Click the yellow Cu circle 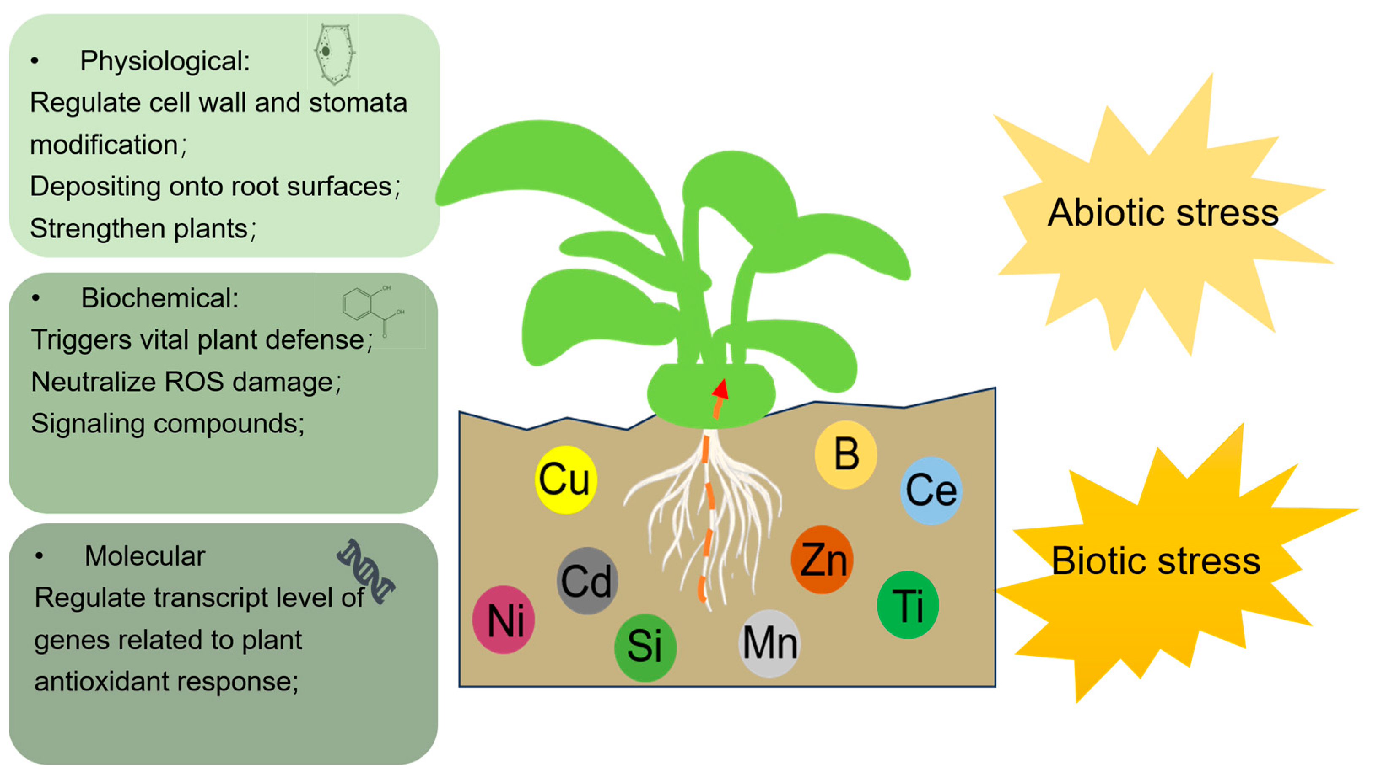tap(566, 480)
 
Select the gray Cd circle tap(587, 581)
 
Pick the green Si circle tap(645, 647)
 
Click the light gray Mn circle tap(769, 643)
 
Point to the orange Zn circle tap(822, 560)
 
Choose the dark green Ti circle tap(908, 605)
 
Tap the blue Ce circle tap(931, 490)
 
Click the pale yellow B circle tap(846, 455)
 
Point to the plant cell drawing tap(334, 53)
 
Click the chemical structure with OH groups tap(372, 309)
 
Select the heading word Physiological tap(164, 61)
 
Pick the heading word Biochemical tap(159, 298)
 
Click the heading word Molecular tap(144, 556)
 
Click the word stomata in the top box tap(358, 102)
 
